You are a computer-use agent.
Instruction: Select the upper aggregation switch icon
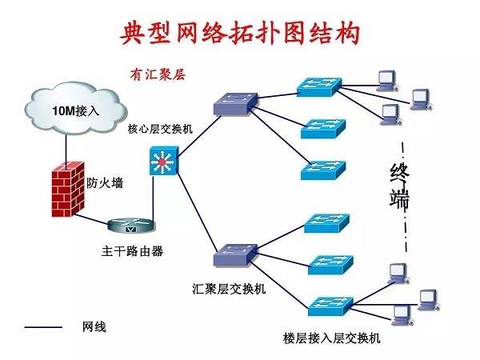[x=236, y=102]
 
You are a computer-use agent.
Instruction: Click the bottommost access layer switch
[x=330, y=304]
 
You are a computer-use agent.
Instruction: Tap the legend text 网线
[x=94, y=327]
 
